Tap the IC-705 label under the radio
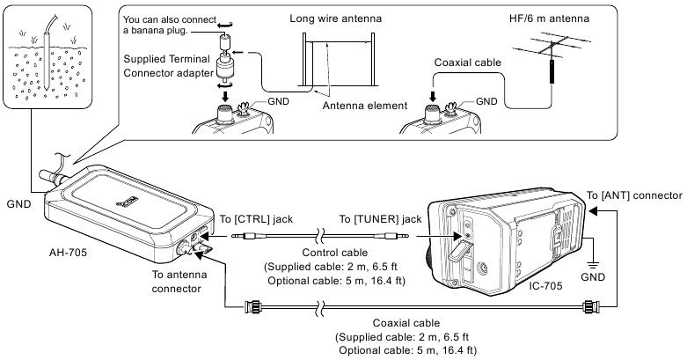coord(534,287)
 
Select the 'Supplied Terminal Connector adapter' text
coord(173,64)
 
